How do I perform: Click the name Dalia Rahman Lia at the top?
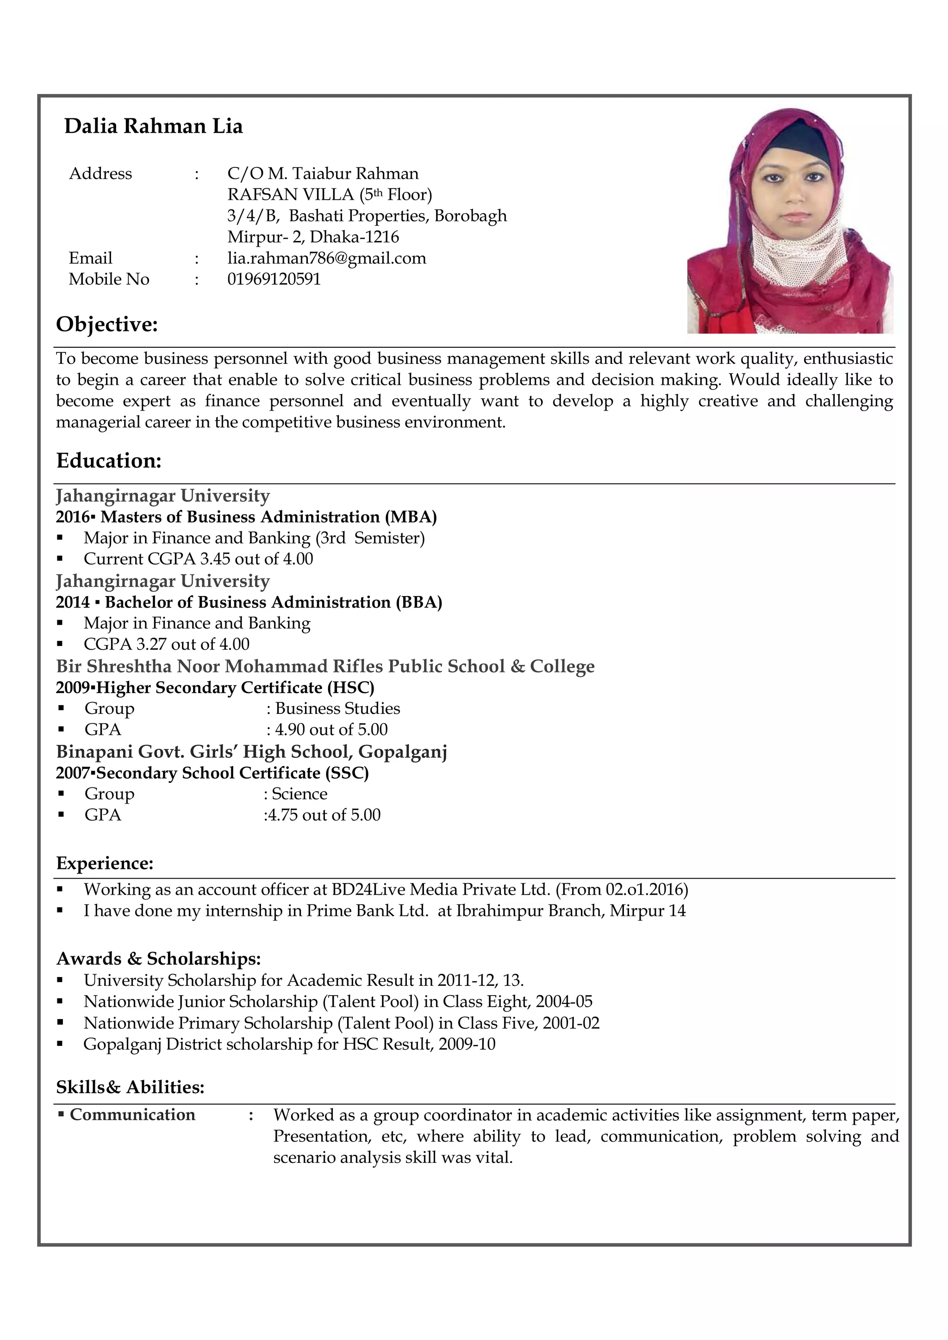pos(153,126)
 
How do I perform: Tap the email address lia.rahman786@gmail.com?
pos(326,258)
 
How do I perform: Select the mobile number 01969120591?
pos(274,279)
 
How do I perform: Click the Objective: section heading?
pos(107,325)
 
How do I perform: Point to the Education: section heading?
pos(109,461)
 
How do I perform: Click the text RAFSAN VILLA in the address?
pos(290,194)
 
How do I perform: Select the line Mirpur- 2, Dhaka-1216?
pos(313,237)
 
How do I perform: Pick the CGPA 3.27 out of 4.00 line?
pos(167,644)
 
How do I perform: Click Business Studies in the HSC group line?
pos(337,708)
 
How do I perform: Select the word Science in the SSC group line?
pos(299,794)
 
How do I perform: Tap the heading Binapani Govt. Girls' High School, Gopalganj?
pos(251,752)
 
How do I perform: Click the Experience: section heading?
pos(105,863)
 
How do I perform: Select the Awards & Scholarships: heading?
pos(158,959)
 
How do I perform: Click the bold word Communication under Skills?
pos(132,1115)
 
